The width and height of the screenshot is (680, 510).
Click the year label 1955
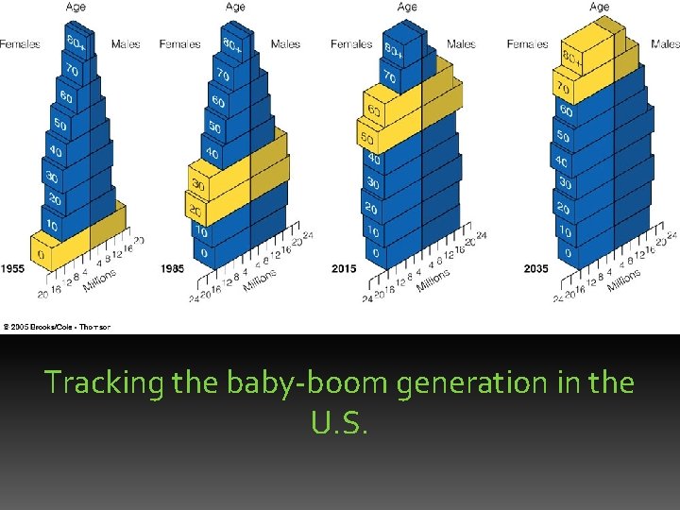click(12, 269)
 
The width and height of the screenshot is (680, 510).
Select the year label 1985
click(173, 269)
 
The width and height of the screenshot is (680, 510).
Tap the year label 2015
click(344, 269)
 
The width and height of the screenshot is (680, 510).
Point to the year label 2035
click(536, 269)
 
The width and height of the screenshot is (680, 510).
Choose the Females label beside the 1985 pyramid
click(179, 43)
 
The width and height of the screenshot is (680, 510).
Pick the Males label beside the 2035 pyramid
click(665, 43)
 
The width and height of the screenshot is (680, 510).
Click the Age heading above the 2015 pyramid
click(407, 7)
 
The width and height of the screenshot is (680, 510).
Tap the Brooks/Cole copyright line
click(57, 327)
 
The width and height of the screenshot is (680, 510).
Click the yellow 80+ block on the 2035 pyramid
click(576, 55)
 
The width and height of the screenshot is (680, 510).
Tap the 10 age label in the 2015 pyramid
click(372, 231)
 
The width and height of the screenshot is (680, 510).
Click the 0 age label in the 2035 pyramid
click(566, 253)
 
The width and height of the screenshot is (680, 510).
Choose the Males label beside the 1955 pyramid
click(126, 43)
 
